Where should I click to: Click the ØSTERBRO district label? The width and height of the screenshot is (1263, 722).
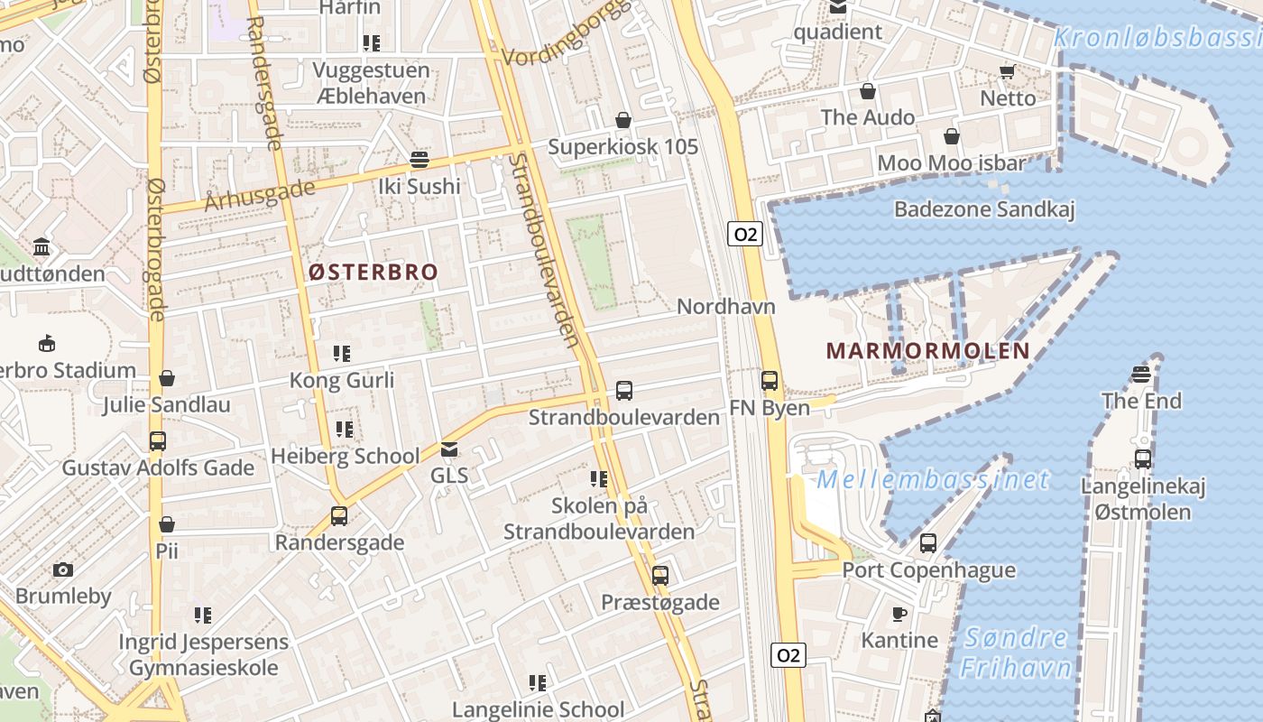point(373,272)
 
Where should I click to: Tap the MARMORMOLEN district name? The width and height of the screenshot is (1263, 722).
point(928,351)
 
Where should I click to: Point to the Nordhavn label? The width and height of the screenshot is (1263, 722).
point(726,306)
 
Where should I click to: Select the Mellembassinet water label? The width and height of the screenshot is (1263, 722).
point(934,478)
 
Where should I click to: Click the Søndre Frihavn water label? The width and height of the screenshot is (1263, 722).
point(1016,653)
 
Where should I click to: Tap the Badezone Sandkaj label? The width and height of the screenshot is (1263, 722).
point(984,209)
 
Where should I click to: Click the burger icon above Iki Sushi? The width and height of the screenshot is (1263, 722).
point(419,160)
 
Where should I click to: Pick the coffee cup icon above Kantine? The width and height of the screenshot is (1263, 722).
point(899,614)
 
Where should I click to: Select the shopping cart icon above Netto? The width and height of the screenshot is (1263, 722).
point(1007,71)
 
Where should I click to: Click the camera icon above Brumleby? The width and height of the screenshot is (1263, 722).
point(62,569)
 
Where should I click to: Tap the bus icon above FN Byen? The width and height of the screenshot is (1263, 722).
point(770,381)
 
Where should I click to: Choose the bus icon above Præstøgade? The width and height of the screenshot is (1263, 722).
point(660,575)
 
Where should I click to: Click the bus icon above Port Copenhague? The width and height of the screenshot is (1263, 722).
point(928,543)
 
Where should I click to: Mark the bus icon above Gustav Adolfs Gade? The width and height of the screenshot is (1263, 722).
point(158,441)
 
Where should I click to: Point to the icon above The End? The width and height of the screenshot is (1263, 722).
point(1141,374)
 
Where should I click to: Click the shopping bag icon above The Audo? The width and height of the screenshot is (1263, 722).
point(868,91)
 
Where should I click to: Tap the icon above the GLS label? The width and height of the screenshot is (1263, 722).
point(448,449)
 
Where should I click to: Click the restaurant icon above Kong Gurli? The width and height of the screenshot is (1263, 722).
point(342,353)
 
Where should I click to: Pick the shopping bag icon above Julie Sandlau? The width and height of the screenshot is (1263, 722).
point(166,378)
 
